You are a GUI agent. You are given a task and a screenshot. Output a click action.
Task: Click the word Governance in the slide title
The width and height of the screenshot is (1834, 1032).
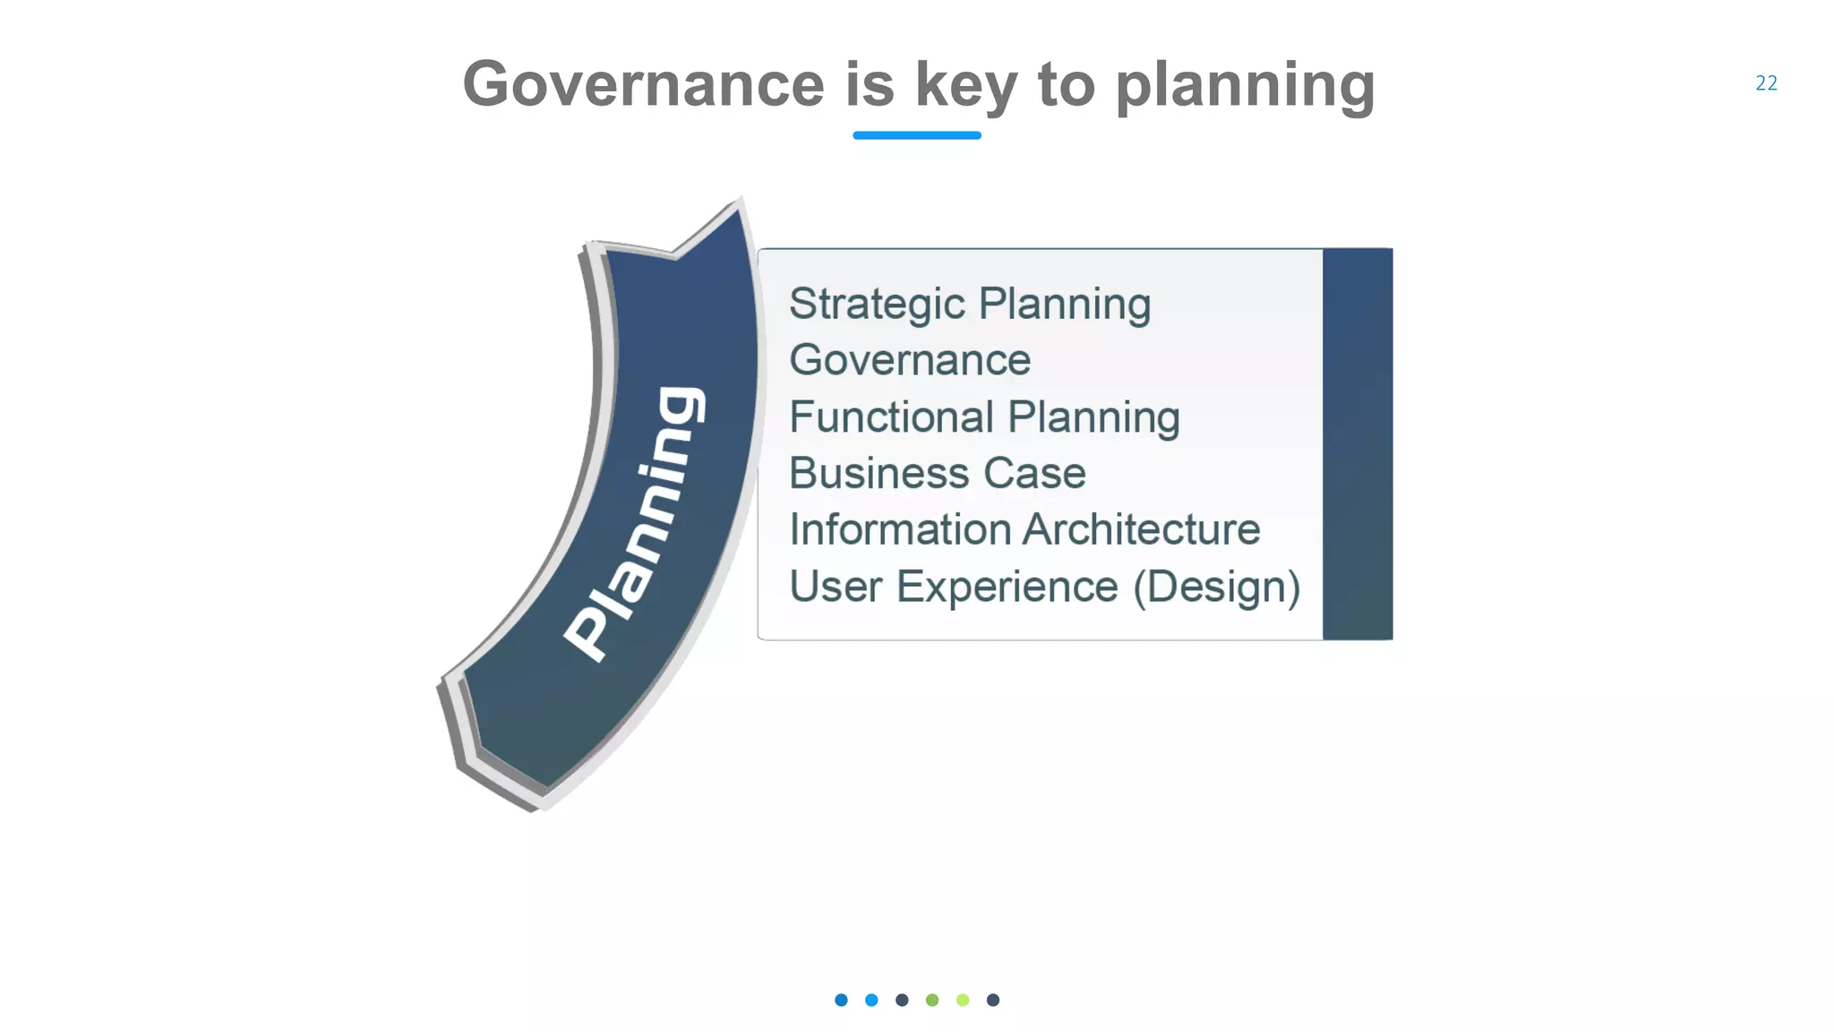pos(643,84)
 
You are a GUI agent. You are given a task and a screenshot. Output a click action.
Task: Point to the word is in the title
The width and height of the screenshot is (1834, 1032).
pos(870,84)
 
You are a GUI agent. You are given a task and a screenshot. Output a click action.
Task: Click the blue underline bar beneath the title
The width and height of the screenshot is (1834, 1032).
pos(917,135)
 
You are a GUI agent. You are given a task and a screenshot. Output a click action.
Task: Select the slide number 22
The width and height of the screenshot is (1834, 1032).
pos(1766,83)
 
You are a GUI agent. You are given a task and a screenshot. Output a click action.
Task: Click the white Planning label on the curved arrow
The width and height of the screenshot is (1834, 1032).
pos(636,524)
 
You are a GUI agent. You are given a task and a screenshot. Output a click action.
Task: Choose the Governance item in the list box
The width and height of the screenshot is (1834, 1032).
pos(910,360)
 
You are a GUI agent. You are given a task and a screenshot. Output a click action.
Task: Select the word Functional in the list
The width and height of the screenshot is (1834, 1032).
pos(891,417)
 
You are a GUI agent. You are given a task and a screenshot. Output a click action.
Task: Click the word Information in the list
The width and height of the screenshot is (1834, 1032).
pos(899,529)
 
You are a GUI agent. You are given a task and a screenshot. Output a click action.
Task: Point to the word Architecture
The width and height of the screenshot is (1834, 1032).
pos(1142,529)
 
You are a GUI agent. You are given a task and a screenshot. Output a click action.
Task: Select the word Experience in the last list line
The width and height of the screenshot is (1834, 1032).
pos(1007,587)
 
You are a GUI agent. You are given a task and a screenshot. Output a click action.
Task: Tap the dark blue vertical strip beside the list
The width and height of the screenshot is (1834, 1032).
pos(1358,443)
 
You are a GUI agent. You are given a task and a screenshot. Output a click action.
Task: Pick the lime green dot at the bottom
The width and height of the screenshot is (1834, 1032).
pos(963,1000)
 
